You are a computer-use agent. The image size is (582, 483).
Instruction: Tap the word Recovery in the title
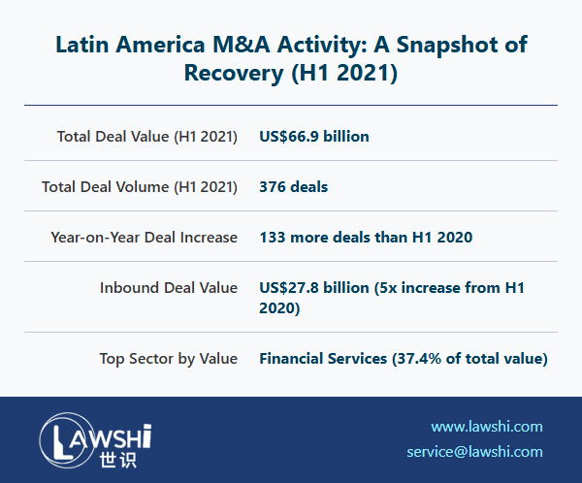[x=229, y=74]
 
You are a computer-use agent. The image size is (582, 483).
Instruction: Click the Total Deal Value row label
[x=147, y=136]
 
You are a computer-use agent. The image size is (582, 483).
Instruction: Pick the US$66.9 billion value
[x=314, y=136]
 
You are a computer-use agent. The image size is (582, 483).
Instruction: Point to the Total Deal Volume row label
[x=140, y=186]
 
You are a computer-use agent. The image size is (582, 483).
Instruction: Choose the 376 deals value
[x=294, y=186]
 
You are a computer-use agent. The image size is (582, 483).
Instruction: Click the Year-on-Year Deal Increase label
[x=145, y=237]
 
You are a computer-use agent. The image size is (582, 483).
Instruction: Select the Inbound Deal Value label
[x=169, y=287]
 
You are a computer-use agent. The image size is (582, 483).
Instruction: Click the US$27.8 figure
[x=293, y=287]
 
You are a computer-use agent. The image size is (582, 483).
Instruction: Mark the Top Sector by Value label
[x=169, y=359]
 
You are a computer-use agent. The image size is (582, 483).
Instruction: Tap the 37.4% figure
[x=415, y=359]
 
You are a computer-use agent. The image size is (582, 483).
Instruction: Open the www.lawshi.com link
[x=487, y=427]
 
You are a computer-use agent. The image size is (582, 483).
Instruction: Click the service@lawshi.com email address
[x=474, y=452]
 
